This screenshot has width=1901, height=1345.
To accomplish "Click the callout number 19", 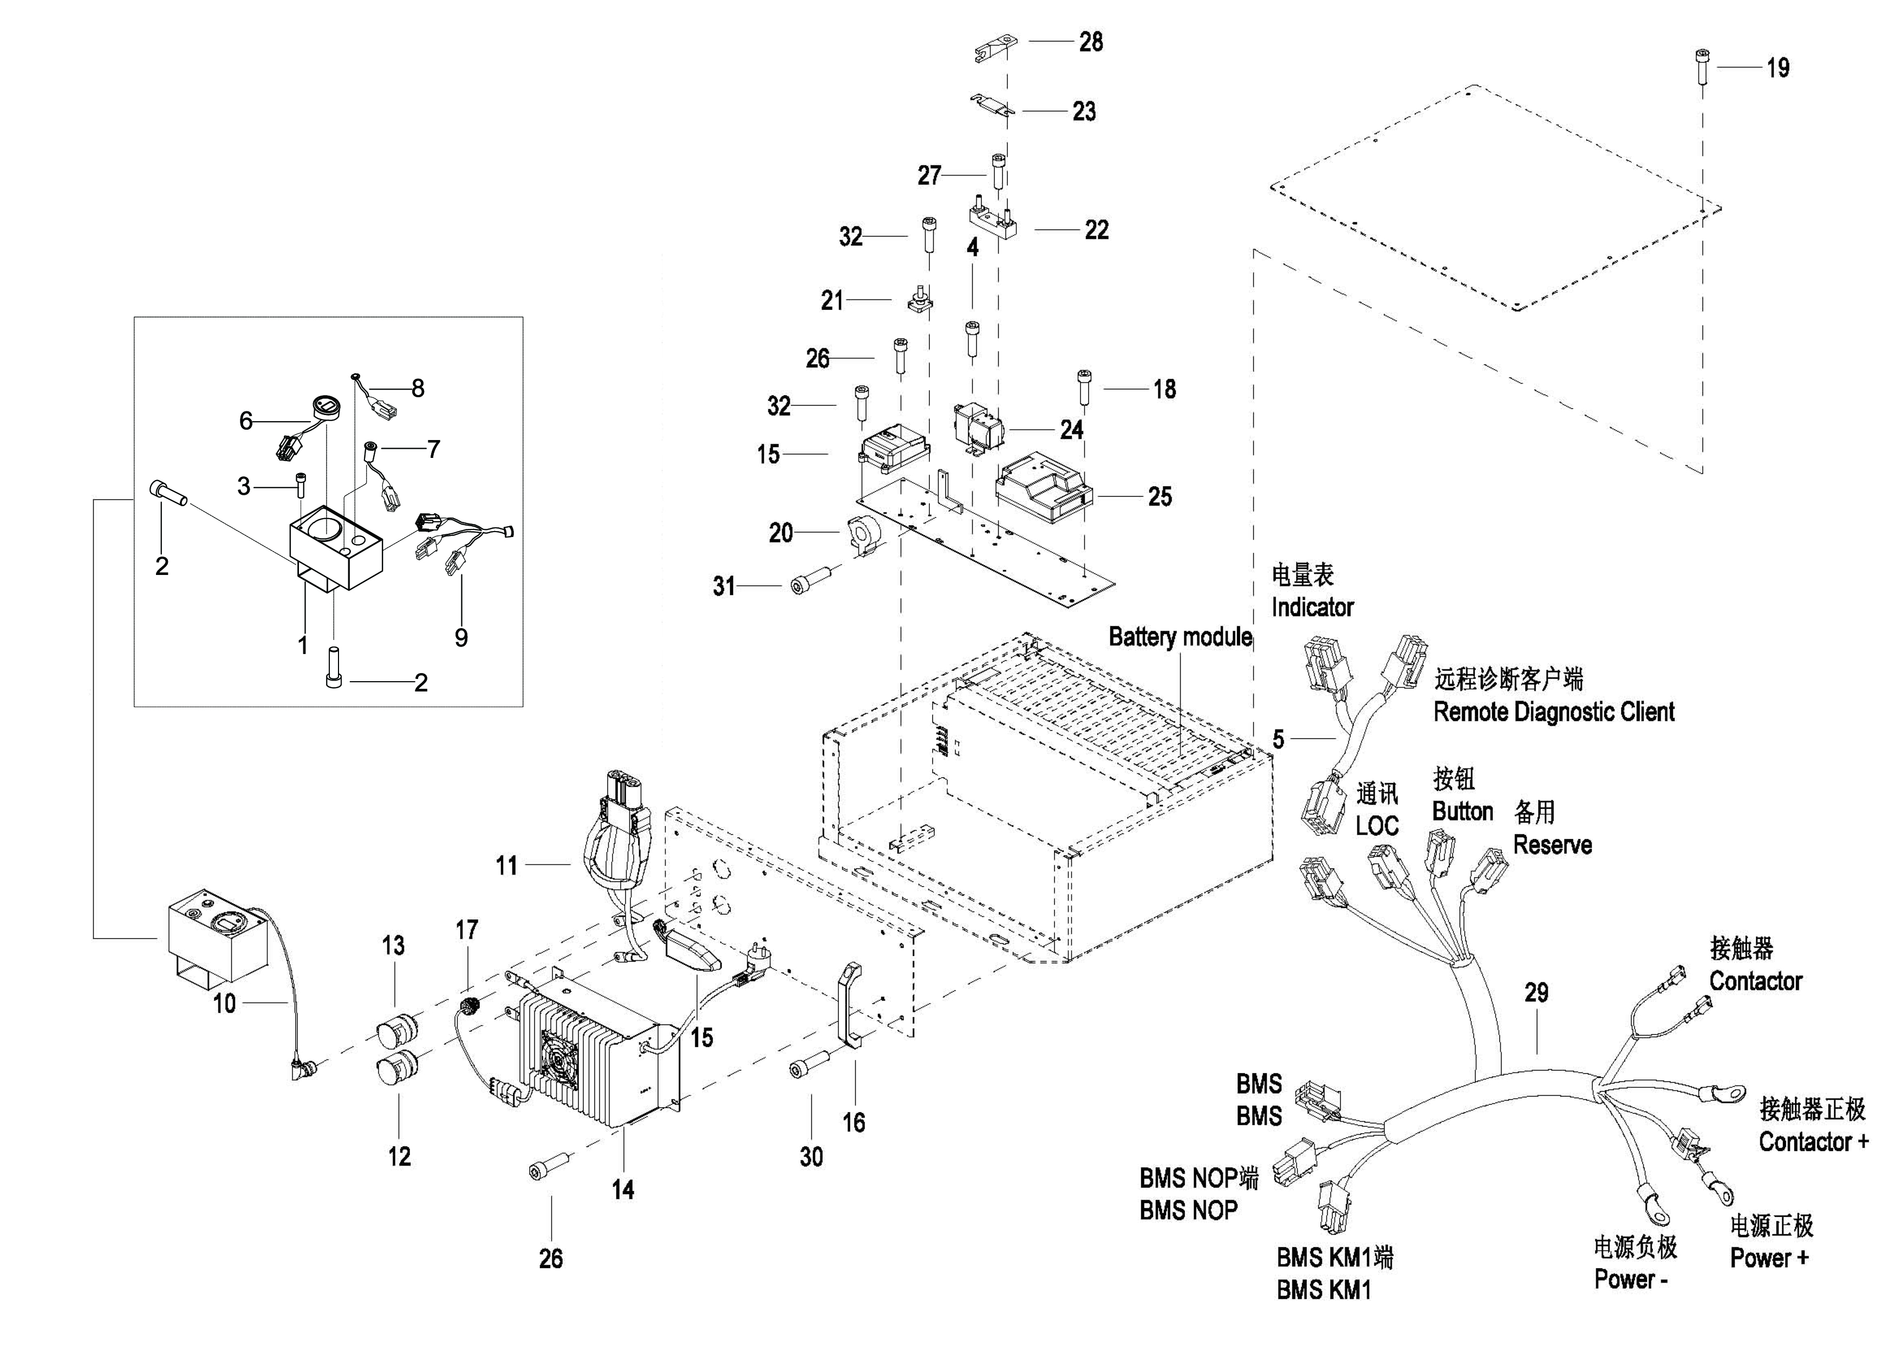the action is pos(1778,68).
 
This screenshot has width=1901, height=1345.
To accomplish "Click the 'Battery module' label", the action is pos(1180,637).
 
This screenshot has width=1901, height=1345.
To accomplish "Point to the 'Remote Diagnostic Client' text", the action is pos(1553,712).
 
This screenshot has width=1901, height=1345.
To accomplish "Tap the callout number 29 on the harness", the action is pos(1536,992).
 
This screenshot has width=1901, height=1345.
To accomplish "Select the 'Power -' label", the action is pos(1630,1279).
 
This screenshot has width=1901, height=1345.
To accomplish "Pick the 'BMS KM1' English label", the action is pos(1323,1290).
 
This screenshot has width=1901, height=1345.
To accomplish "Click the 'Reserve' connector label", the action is pos(1552,845).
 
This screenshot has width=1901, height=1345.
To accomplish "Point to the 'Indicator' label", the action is pos(1312,607).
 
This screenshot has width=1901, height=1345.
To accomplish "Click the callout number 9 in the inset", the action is pos(461,638).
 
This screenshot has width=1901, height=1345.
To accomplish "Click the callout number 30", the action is pos(811,1157).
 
